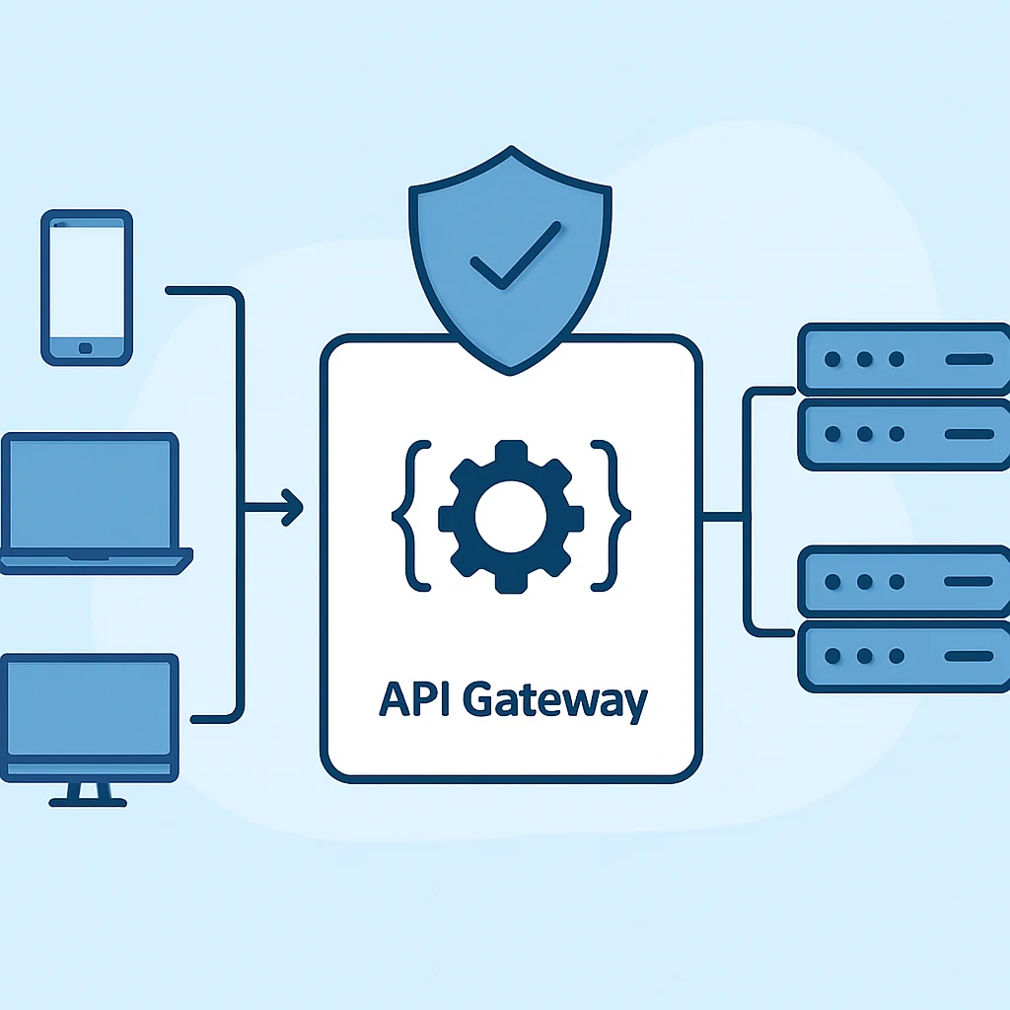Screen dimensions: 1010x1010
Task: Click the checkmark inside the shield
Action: tap(515, 255)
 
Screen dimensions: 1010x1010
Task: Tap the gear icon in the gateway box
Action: tap(511, 516)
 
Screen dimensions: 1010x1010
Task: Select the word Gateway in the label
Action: tap(555, 701)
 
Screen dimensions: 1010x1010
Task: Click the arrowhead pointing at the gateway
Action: tap(293, 508)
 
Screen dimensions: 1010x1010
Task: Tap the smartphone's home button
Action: tap(85, 348)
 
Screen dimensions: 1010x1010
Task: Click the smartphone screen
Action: tap(87, 282)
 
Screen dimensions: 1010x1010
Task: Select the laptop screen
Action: tap(90, 493)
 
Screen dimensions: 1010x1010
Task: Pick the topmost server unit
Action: tap(903, 359)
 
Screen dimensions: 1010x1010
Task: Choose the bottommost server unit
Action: tap(903, 656)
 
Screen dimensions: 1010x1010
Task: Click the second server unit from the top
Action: tap(903, 434)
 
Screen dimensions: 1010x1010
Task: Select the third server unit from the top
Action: tap(903, 581)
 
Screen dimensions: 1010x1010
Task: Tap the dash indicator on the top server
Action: tap(969, 359)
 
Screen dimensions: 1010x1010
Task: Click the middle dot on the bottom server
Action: tap(864, 656)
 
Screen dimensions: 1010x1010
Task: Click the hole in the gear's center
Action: tap(511, 517)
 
